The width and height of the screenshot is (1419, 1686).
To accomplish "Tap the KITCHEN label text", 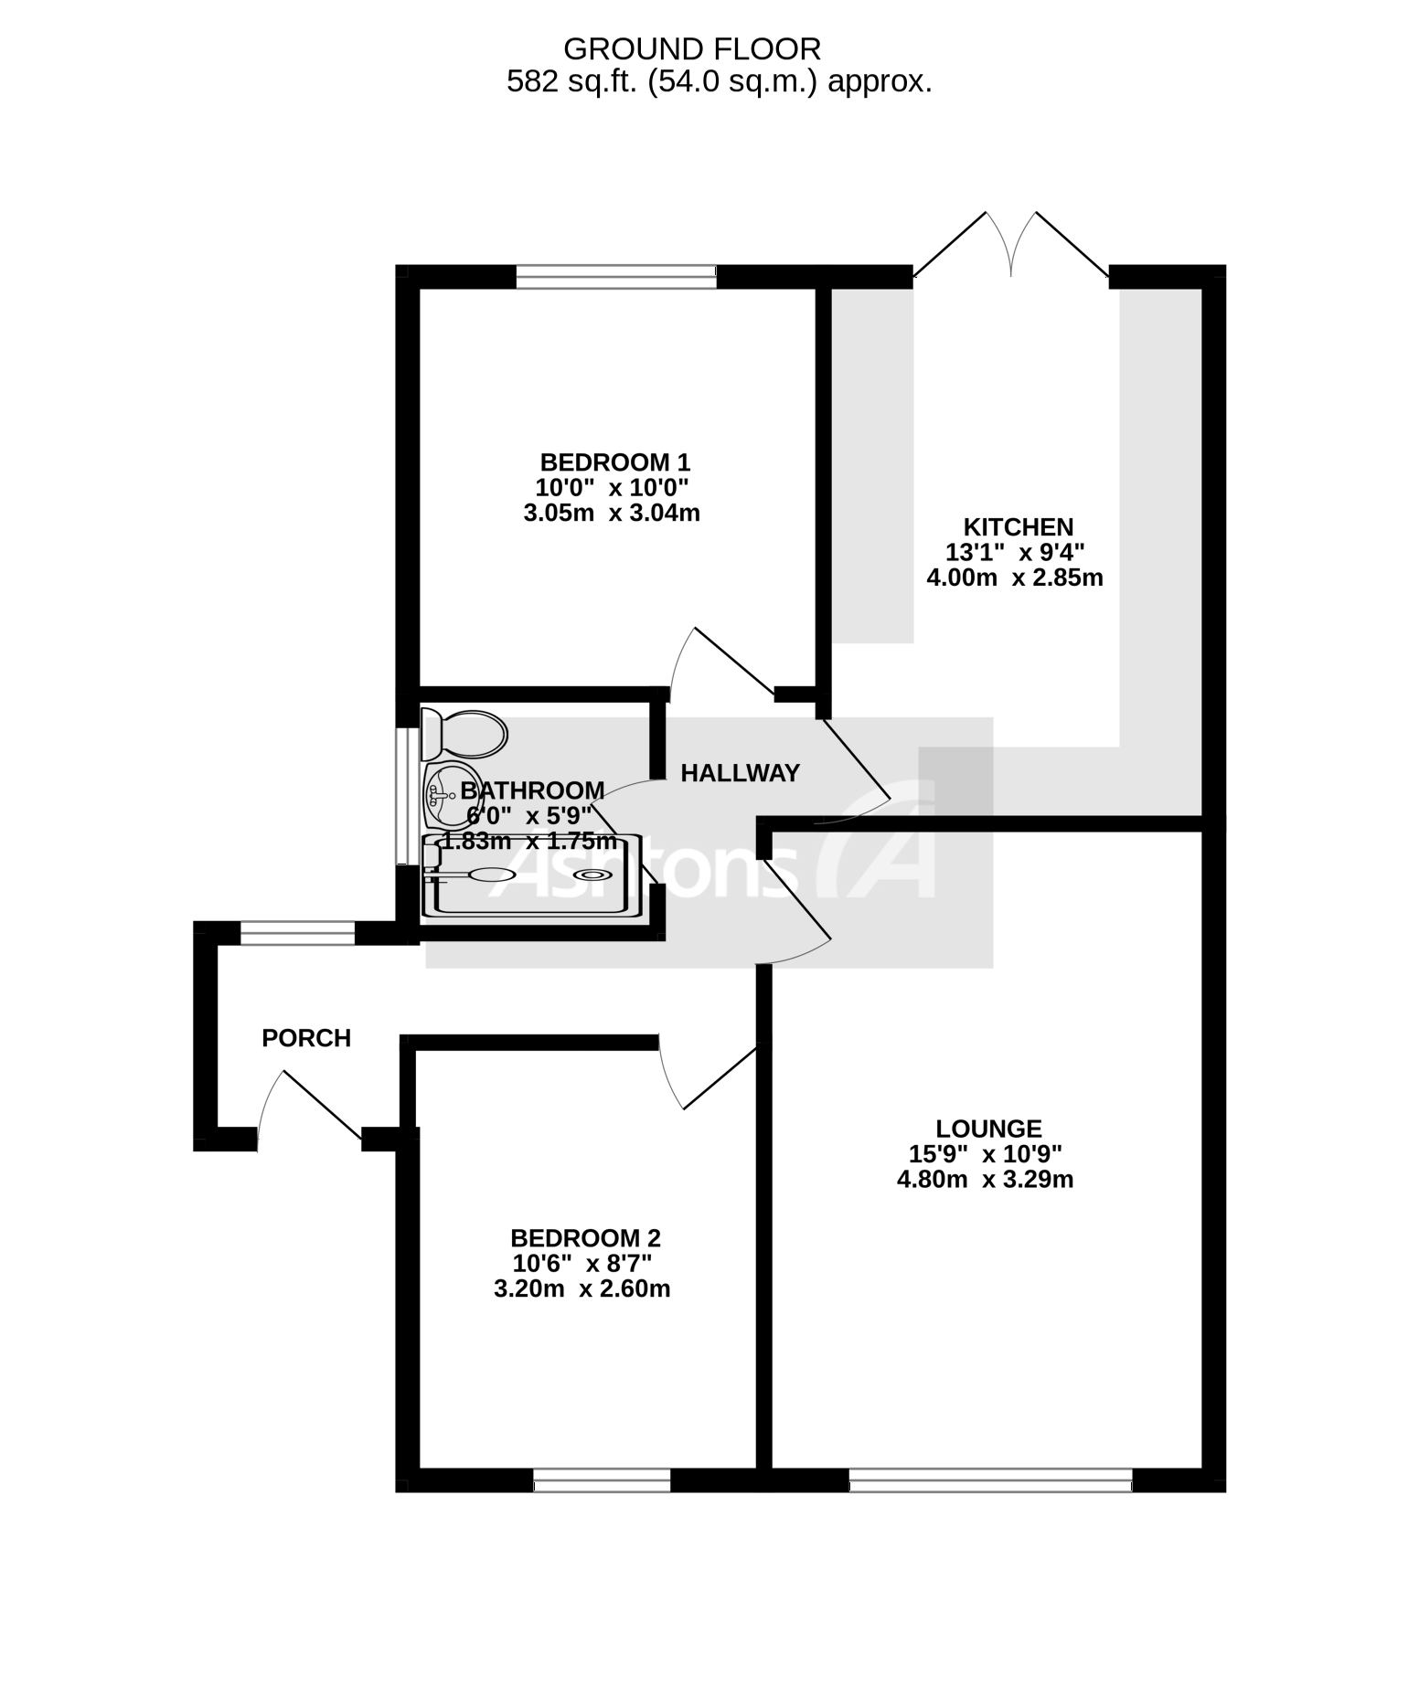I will click(x=1018, y=527).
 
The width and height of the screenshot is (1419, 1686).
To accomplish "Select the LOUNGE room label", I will click(x=988, y=1129).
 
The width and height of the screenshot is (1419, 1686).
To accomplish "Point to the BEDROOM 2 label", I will click(x=585, y=1238).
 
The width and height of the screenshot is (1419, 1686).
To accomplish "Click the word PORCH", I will click(x=306, y=1038).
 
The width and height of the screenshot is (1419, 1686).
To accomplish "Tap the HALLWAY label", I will click(x=740, y=773).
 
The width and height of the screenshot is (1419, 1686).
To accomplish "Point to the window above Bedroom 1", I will click(x=614, y=276).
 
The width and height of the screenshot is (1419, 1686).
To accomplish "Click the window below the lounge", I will click(x=990, y=1480).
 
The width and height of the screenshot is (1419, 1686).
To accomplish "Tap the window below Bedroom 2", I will click(x=602, y=1480).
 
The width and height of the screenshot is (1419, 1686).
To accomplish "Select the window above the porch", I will click(x=297, y=933).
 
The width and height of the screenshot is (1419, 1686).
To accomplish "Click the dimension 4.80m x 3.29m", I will click(x=985, y=1180).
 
